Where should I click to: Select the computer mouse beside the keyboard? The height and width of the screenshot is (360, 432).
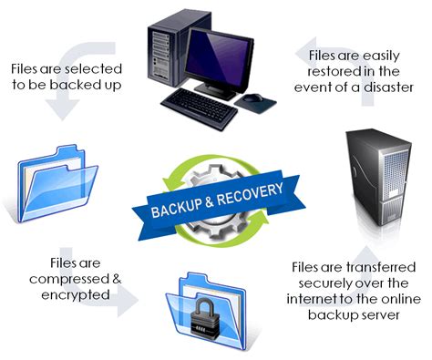257,97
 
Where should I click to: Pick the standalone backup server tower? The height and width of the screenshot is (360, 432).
375,187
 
